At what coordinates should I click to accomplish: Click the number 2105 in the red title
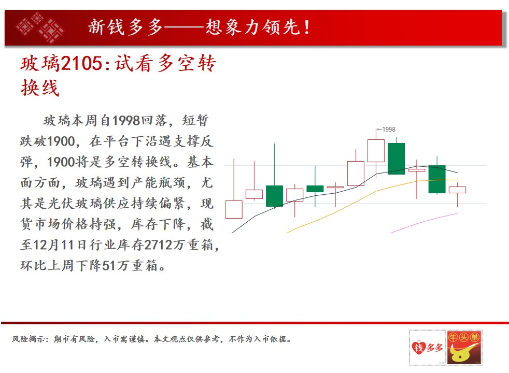[x=81, y=63]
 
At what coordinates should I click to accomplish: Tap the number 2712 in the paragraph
[x=158, y=245]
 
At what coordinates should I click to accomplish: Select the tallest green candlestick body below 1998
[x=396, y=159]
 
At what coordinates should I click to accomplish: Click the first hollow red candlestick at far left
[x=234, y=209]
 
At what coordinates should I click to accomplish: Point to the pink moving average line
[x=423, y=222]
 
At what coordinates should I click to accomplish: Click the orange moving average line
[x=372, y=193]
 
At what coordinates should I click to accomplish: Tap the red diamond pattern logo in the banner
[x=40, y=28]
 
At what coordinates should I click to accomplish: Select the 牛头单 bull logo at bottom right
[x=464, y=348]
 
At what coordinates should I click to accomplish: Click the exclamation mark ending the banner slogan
[x=306, y=27]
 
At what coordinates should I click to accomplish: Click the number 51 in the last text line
[x=109, y=265]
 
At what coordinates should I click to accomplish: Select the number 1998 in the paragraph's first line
[x=126, y=121]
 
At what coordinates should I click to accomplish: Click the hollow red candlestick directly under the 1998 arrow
[x=376, y=151]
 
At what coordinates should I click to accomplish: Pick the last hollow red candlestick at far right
[x=457, y=190]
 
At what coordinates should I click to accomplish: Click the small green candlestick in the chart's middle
[x=315, y=189]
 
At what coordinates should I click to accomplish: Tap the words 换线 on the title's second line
[x=40, y=88]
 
